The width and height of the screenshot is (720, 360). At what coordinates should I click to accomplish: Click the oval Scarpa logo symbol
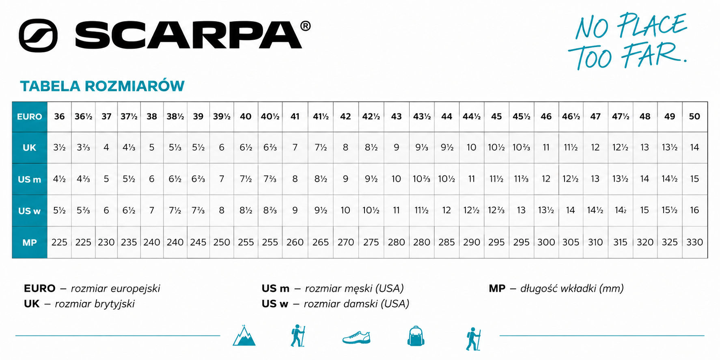[x=38, y=35]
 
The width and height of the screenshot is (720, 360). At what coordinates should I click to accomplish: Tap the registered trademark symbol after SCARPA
[x=305, y=26]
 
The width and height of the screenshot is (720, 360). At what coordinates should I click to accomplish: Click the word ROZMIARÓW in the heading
[x=134, y=86]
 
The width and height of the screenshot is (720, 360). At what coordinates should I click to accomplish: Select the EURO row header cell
[x=30, y=117]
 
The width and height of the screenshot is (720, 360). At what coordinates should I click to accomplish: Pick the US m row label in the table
[x=30, y=179]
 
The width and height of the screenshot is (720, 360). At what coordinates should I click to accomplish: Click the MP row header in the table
[x=30, y=243]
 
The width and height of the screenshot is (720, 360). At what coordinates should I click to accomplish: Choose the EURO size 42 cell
[x=345, y=116]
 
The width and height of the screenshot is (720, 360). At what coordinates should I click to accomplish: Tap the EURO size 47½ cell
[x=621, y=116]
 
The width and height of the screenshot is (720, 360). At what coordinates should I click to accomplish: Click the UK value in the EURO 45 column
[x=496, y=147]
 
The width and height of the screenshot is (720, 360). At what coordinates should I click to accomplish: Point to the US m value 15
[x=694, y=179]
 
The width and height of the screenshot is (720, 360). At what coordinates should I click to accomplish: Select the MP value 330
[x=694, y=242]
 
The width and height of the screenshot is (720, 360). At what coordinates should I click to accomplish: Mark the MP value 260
[x=295, y=242]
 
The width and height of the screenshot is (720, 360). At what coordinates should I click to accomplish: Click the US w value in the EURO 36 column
[x=59, y=210]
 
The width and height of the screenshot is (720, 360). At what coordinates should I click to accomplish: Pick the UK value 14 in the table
[x=694, y=147]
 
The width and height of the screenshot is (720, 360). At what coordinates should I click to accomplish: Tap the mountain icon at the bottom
[x=244, y=336]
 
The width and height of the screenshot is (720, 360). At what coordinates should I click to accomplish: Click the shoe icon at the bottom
[x=356, y=337]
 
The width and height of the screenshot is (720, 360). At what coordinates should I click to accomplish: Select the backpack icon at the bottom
[x=416, y=336]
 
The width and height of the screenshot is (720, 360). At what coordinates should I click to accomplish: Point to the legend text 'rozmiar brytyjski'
[x=95, y=304]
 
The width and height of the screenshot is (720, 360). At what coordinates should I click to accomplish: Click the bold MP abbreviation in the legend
[x=497, y=289]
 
